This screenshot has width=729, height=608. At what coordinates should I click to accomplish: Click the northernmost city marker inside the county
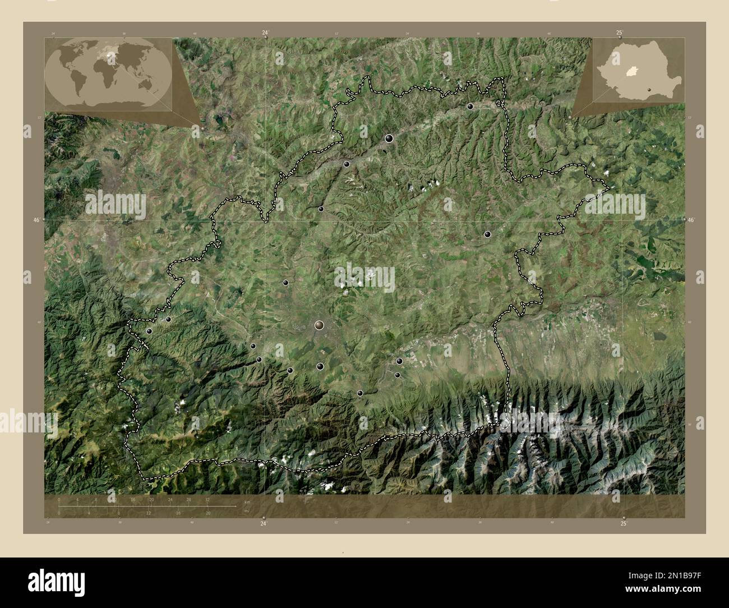470,106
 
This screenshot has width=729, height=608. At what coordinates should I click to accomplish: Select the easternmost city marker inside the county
487,234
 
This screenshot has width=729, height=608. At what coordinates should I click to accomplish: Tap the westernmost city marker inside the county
149,331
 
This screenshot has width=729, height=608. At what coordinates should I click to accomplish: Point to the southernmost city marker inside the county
359,393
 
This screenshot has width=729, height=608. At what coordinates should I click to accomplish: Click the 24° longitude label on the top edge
265,33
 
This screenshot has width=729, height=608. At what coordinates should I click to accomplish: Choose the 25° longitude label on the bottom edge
624,523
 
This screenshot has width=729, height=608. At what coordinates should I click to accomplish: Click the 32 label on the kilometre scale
207,499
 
